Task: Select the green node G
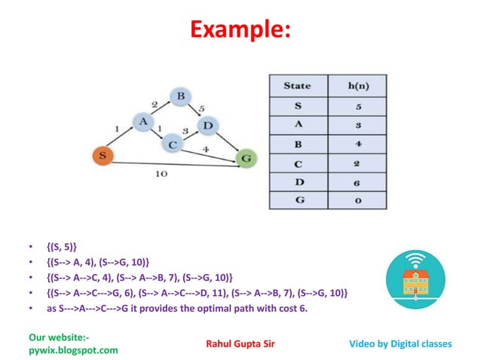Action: coord(246,158)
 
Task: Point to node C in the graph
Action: coord(173,143)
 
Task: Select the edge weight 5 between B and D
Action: coord(201,109)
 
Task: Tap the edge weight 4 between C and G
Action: coord(206,149)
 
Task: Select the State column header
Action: coord(296,85)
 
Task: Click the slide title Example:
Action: coord(240,31)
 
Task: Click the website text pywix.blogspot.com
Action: coord(73,350)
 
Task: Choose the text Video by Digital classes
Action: coord(400,343)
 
